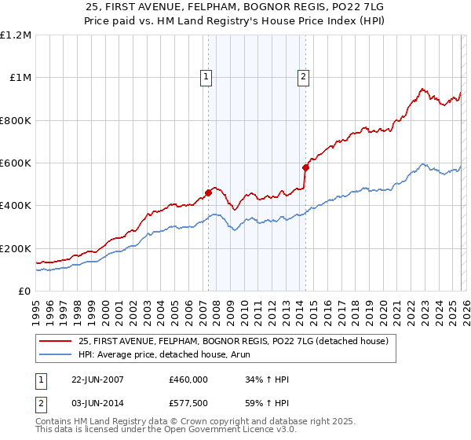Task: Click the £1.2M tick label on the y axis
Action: pyautogui.click(x=17, y=35)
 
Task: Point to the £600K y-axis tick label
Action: pyautogui.click(x=16, y=163)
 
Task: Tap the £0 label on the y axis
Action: pyautogui.click(x=25, y=291)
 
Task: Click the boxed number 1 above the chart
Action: pyautogui.click(x=206, y=77)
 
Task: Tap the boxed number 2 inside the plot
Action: pyautogui.click(x=302, y=77)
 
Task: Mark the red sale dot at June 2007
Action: pyautogui.click(x=209, y=192)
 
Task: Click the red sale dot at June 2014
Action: pyautogui.click(x=305, y=167)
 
